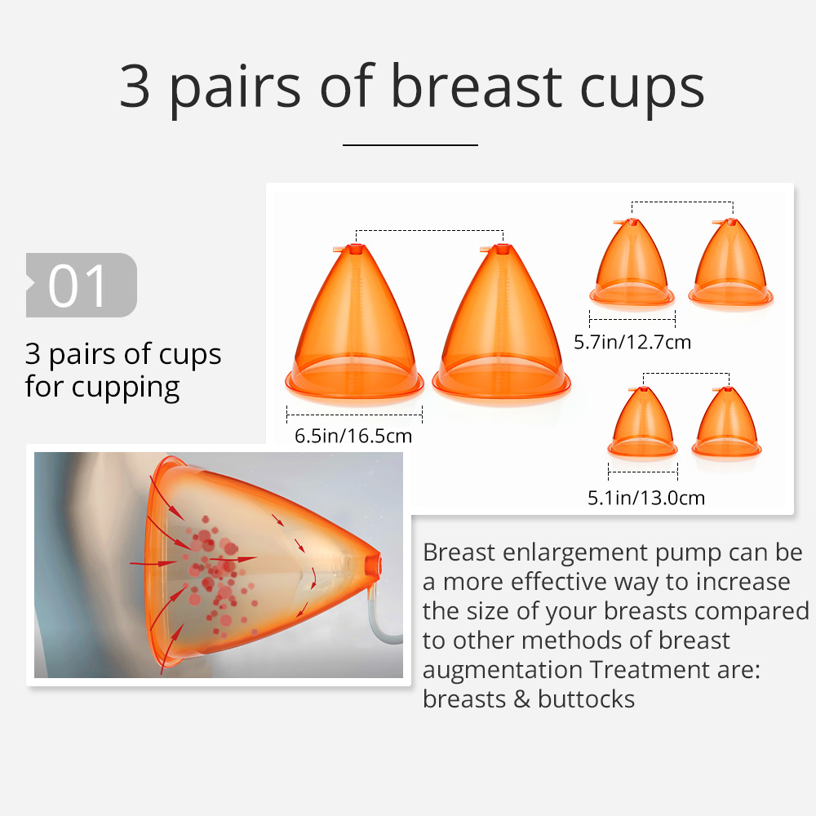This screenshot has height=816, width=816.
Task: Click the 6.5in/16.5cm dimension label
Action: (x=353, y=436)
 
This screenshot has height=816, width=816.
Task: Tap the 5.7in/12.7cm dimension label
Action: (x=632, y=342)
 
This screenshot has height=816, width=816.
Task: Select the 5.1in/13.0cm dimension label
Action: (x=646, y=498)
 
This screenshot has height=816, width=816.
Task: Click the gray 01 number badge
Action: (x=82, y=285)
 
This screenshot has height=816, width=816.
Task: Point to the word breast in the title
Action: (x=477, y=86)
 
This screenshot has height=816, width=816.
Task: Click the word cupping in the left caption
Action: (x=126, y=388)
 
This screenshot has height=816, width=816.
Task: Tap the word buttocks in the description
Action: (x=586, y=699)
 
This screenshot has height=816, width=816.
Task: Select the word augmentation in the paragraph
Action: (x=502, y=670)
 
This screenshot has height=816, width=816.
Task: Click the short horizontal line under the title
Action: (x=410, y=144)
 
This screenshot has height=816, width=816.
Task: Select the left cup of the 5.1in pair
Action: (x=643, y=422)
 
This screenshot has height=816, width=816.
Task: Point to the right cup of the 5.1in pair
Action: (x=726, y=422)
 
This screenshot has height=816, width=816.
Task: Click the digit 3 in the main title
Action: (x=135, y=86)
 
